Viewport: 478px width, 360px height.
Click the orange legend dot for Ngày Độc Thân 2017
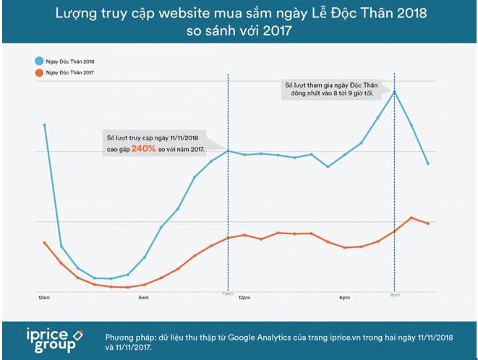pyautogui.click(x=38, y=73)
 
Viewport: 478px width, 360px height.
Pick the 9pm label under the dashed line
pyautogui.click(x=395, y=295)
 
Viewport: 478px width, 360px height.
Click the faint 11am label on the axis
pyautogui.click(x=227, y=295)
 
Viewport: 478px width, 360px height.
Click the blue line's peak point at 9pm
pyautogui.click(x=395, y=91)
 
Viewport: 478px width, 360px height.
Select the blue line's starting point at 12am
pyautogui.click(x=45, y=124)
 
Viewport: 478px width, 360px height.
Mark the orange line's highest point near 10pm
pyautogui.click(x=411, y=217)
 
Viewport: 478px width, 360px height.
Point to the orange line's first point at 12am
pyautogui.click(x=45, y=242)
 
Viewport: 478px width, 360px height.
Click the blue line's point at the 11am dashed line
pyautogui.click(x=228, y=150)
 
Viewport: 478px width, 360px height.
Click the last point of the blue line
pyautogui.click(x=428, y=163)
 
